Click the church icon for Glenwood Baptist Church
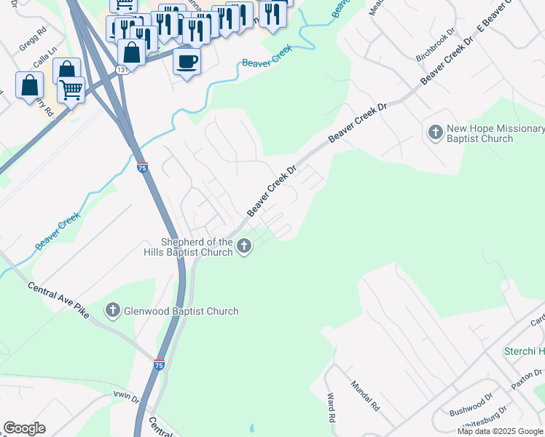tap(113, 311)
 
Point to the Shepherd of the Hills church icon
tap(244, 247)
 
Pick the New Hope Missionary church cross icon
tap(435, 133)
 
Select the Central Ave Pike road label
tap(58, 299)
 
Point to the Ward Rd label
tap(332, 408)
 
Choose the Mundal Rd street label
tap(365, 395)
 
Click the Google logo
tap(24, 428)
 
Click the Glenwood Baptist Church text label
tap(181, 312)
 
